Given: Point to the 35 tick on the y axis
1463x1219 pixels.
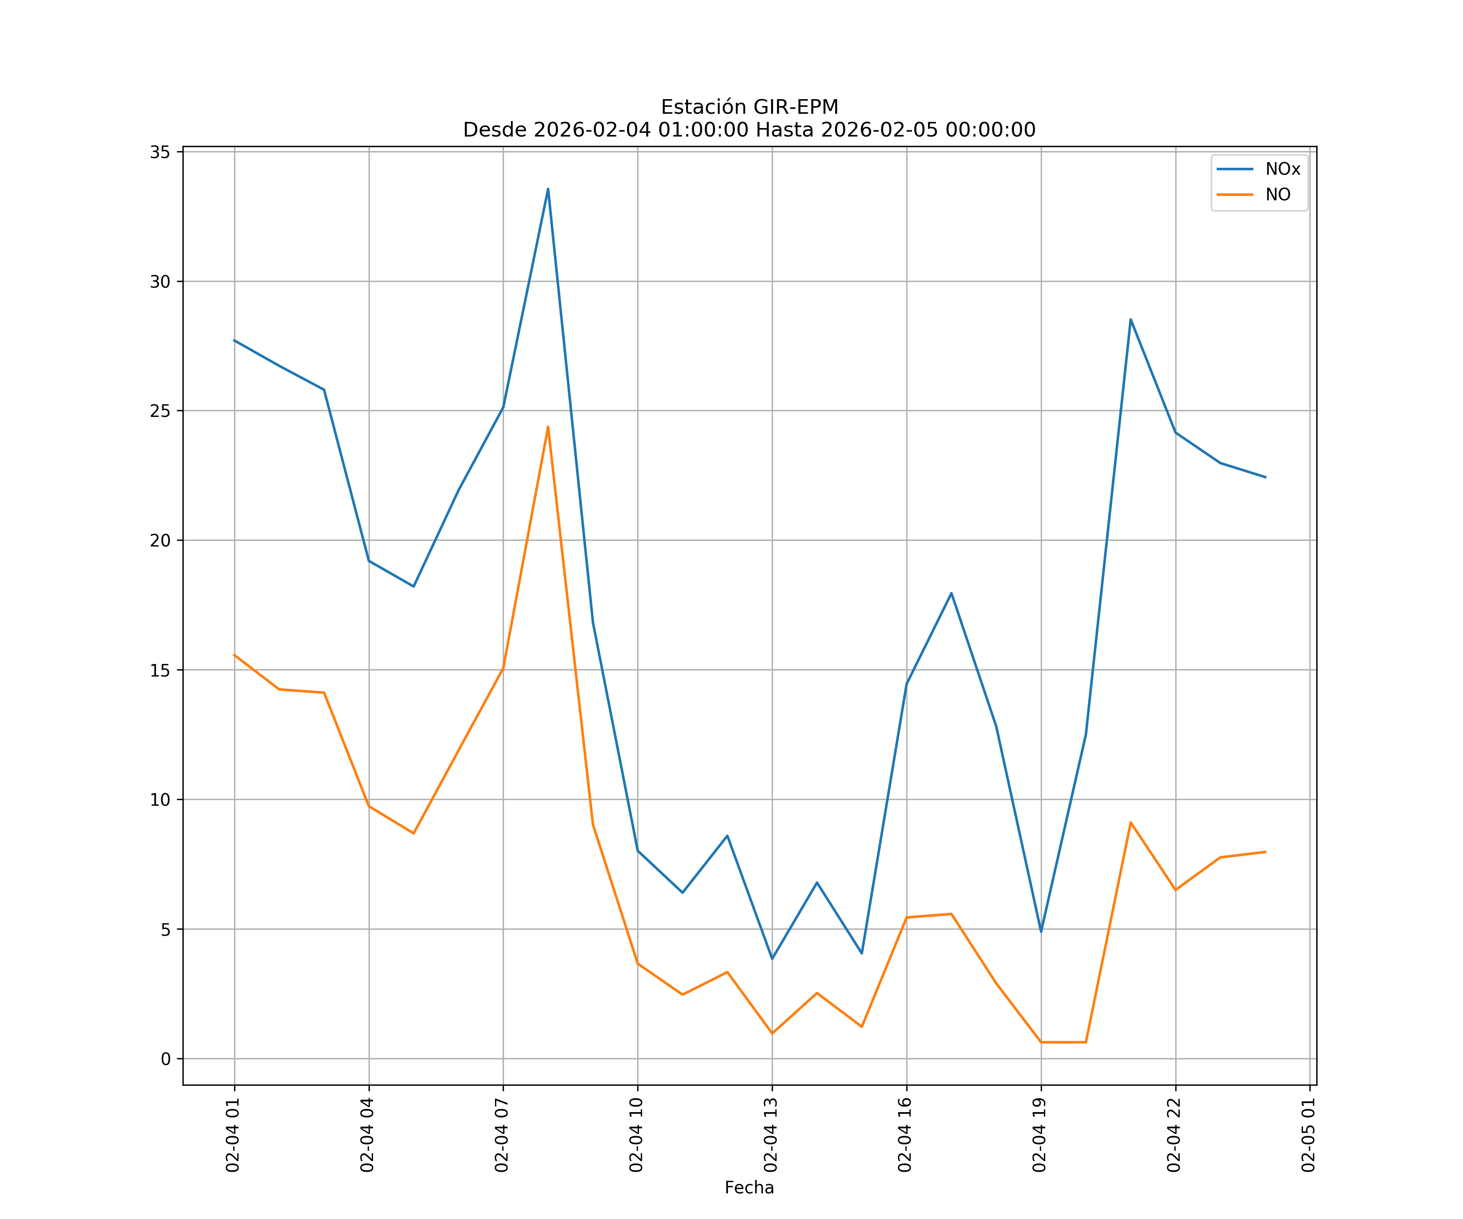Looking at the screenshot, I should click(x=160, y=152).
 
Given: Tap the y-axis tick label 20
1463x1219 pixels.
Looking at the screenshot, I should click(x=160, y=540).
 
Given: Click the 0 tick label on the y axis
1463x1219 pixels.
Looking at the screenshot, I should click(x=166, y=1059).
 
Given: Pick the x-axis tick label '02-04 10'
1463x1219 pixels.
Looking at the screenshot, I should click(x=636, y=1135).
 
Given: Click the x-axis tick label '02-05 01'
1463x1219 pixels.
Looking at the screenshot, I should click(x=1308, y=1135).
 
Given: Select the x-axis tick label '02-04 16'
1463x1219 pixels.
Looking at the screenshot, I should click(x=905, y=1135).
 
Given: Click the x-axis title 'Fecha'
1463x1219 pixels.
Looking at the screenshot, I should click(x=749, y=1188).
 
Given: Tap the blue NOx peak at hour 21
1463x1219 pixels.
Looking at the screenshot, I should click(x=1131, y=319).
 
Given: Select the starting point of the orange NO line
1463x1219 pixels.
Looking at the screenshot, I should click(x=235, y=655).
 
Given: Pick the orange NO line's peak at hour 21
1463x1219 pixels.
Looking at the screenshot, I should click(x=1131, y=823).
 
